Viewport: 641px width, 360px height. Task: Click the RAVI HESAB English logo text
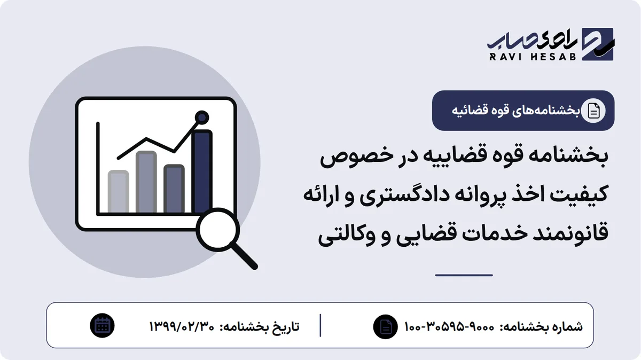click(533, 57)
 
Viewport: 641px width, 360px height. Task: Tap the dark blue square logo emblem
click(598, 44)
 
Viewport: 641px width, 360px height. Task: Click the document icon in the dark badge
click(593, 111)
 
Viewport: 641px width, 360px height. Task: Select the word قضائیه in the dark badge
click(466, 111)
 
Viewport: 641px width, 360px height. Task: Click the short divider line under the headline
click(464, 275)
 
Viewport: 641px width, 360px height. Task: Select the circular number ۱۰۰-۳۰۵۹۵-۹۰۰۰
click(449, 326)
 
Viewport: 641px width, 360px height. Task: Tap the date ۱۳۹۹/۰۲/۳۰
click(182, 326)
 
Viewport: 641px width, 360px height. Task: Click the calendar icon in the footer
click(102, 326)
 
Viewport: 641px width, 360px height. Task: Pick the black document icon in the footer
click(385, 327)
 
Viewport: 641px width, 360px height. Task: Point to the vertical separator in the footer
click(320, 325)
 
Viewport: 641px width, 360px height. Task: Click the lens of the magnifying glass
click(218, 230)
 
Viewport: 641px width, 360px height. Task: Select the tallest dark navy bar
click(202, 171)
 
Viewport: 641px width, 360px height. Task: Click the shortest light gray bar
click(118, 191)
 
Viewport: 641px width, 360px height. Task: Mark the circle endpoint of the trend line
click(202, 118)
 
